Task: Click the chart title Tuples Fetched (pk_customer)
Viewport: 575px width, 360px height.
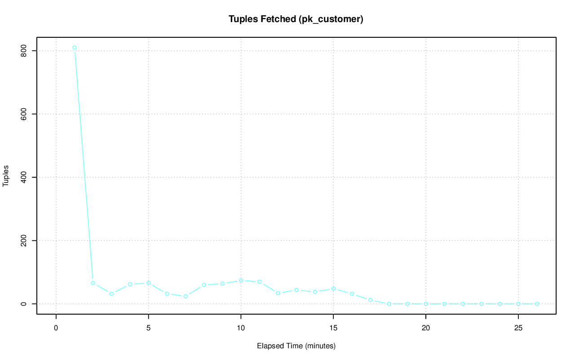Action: point(296,19)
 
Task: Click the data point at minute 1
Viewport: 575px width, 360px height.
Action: point(75,48)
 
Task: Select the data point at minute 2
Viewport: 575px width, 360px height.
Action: point(93,283)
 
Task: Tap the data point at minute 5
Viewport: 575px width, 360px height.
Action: point(148,283)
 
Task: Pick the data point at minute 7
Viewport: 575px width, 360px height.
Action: point(186,296)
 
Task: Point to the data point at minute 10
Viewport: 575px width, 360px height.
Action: point(241,280)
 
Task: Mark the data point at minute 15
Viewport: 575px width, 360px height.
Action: point(333,289)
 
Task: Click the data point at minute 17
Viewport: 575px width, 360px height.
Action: point(370,300)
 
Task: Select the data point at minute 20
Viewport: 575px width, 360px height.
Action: point(426,304)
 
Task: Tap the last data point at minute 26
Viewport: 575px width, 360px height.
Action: point(537,304)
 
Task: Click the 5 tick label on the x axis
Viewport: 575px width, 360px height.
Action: point(148,328)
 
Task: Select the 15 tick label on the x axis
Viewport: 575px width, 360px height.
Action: point(333,328)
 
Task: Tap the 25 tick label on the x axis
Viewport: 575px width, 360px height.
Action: point(518,328)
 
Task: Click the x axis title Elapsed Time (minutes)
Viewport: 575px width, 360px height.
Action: point(296,346)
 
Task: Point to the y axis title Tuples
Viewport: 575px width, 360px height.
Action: point(6,178)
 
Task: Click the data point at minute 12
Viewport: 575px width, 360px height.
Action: point(278,293)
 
